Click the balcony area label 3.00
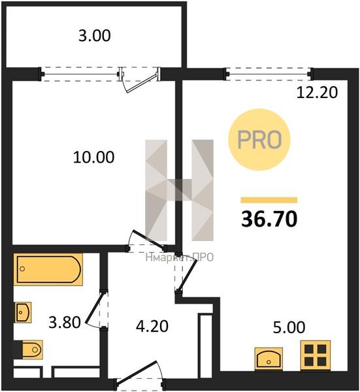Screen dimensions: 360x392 pyautogui.click(x=95, y=35)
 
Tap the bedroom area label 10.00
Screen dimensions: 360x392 pyautogui.click(x=93, y=157)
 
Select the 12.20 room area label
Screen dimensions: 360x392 pyautogui.click(x=317, y=92)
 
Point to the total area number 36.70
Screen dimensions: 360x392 pyautogui.click(x=269, y=219)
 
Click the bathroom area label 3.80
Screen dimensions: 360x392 pyautogui.click(x=65, y=322)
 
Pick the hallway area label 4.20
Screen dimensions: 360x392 pyautogui.click(x=152, y=327)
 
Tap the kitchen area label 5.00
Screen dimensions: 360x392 pyautogui.click(x=289, y=327)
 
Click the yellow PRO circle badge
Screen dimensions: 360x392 pyautogui.click(x=259, y=140)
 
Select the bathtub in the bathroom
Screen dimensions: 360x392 pyautogui.click(x=48, y=269)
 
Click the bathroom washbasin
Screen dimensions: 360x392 pyautogui.click(x=24, y=312)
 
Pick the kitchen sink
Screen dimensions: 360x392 pyautogui.click(x=269, y=359)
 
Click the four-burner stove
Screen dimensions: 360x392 pyautogui.click(x=316, y=355)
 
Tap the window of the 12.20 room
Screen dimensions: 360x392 pyautogui.click(x=269, y=74)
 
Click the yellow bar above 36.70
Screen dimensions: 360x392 pyautogui.click(x=269, y=200)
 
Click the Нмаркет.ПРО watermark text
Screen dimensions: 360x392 pyautogui.click(x=179, y=257)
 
